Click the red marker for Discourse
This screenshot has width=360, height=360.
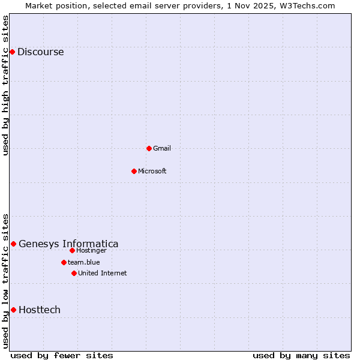click(12, 52)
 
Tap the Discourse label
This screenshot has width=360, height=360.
click(40, 52)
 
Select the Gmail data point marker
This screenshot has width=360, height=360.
click(149, 148)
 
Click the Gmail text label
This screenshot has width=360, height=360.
click(162, 148)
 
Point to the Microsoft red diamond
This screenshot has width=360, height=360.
click(134, 171)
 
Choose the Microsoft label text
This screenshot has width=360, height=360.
click(152, 171)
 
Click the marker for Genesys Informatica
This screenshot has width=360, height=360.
click(13, 244)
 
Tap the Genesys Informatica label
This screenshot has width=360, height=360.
click(68, 244)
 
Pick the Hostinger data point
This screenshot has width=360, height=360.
click(72, 250)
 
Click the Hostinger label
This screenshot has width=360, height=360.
click(91, 250)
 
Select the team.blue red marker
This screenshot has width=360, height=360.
click(64, 262)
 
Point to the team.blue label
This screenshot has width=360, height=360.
click(83, 262)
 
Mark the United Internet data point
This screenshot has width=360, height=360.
click(74, 273)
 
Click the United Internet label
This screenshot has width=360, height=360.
click(102, 273)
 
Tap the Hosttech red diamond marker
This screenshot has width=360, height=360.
click(13, 310)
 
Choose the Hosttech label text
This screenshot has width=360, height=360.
click(40, 310)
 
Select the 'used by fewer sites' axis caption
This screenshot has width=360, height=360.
click(62, 355)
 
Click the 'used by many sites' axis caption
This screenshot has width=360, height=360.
click(301, 355)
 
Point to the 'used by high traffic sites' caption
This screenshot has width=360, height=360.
click(5, 85)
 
